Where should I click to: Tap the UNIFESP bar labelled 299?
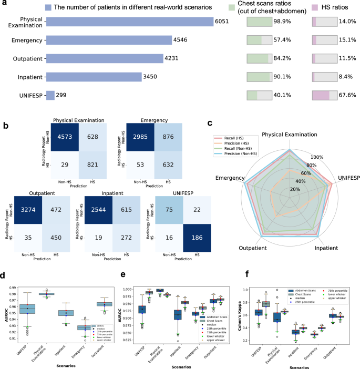tap(50, 95)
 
